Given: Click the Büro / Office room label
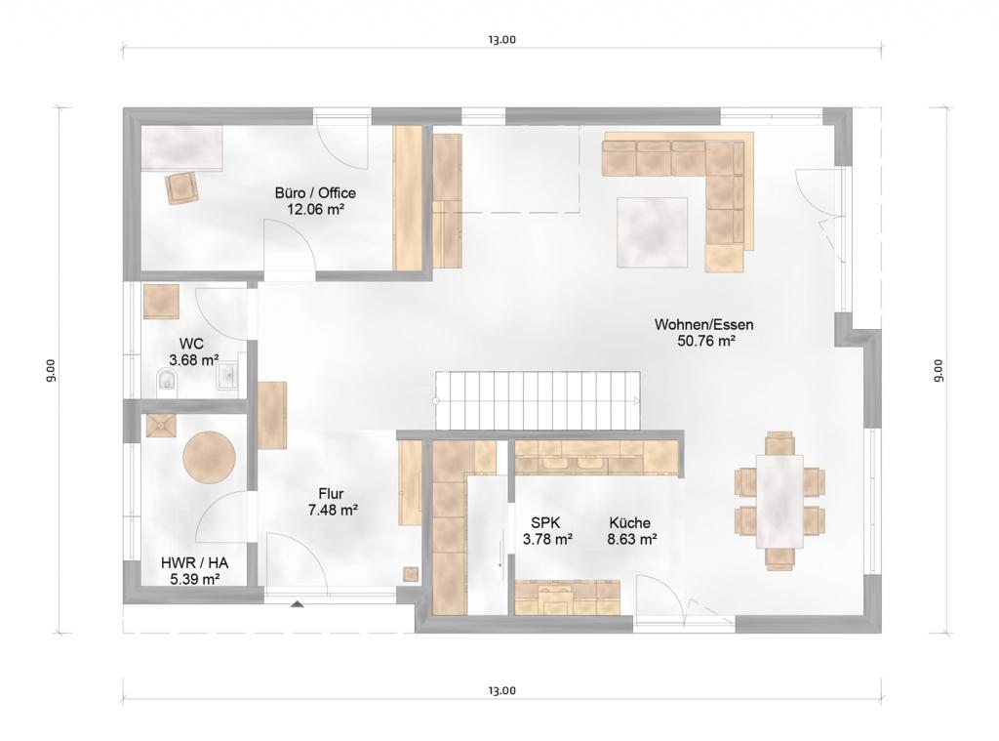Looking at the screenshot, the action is tap(315, 192).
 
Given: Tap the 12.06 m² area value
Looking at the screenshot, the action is tap(315, 209).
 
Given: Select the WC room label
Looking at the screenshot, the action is tap(192, 345).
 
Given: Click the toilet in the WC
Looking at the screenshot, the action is tap(167, 380).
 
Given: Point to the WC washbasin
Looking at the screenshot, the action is tap(227, 376).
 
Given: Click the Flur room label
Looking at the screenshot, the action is tap(332, 494).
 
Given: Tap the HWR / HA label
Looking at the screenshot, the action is tap(194, 563).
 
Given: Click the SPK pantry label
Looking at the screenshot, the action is tap(546, 523).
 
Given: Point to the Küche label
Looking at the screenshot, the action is tap(629, 523).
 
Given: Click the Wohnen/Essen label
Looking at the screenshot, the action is tap(704, 324).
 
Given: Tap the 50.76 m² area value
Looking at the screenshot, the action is tap(706, 341).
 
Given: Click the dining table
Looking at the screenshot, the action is tap(779, 501).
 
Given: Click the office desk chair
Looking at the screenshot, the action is tap(181, 187).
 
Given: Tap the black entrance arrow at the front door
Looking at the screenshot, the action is tap(297, 604).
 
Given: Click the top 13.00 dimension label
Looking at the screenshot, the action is tap(502, 39).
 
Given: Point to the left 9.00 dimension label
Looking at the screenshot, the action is tap(51, 371).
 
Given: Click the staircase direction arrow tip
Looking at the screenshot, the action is tap(638, 401).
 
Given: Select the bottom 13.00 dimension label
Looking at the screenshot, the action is tap(502, 690).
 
